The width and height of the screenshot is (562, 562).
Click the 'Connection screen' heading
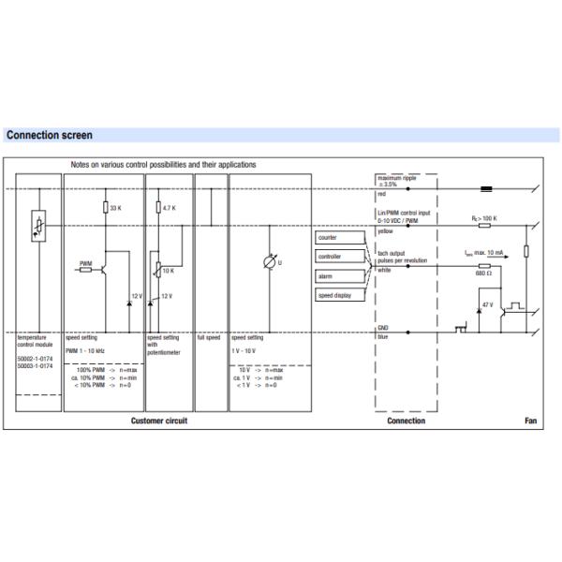[x=49, y=136]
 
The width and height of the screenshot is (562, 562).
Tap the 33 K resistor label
[x=115, y=207]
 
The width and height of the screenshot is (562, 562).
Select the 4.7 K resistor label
[x=170, y=207]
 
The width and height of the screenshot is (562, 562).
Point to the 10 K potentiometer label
[x=169, y=271]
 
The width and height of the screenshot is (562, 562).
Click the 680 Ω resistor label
[x=482, y=273]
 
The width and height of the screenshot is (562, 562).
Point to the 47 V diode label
[x=486, y=305]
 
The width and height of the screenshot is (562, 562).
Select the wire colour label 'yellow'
[x=384, y=230]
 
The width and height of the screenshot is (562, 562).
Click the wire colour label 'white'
[x=383, y=271]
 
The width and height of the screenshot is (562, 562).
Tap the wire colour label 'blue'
[x=382, y=336]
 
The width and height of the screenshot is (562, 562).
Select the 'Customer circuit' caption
[x=159, y=421]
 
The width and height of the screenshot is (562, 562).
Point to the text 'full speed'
[x=208, y=336]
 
